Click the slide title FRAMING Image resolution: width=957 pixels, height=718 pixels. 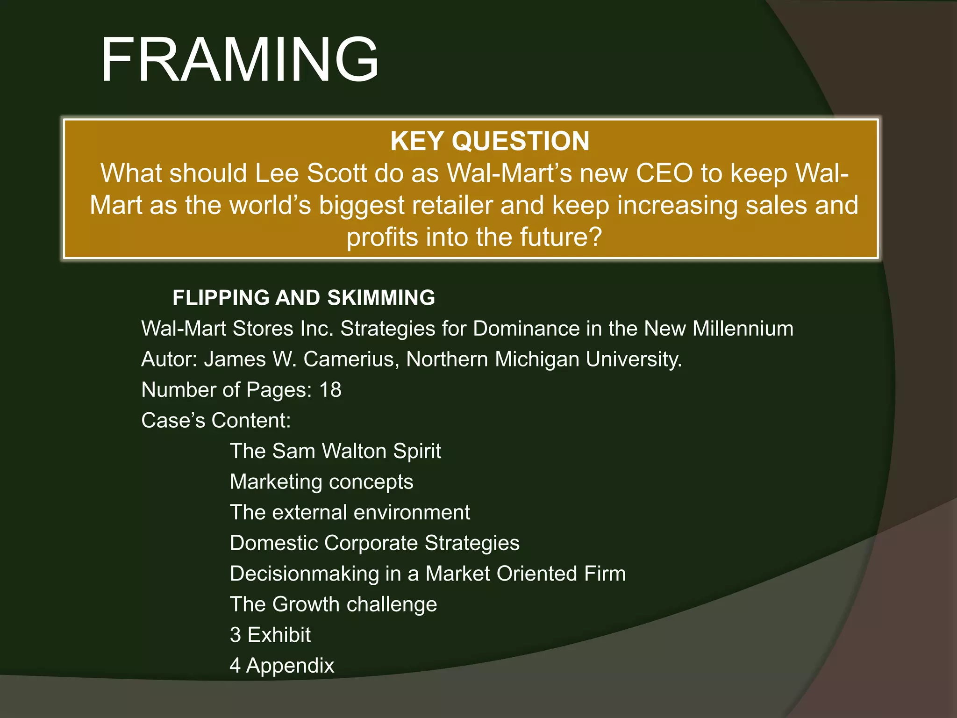(239, 60)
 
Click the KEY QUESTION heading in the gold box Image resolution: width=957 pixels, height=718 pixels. (490, 141)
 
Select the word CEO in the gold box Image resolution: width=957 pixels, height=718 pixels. (664, 173)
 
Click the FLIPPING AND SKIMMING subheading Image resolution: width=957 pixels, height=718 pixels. (304, 298)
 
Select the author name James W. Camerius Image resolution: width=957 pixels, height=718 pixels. (299, 359)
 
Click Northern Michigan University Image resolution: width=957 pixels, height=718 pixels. (544, 359)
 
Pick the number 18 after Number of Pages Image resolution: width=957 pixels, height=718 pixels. (330, 390)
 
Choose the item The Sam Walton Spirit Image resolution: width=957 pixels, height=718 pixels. (335, 451)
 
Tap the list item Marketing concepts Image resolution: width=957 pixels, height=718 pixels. (321, 482)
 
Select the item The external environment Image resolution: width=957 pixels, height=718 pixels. (350, 512)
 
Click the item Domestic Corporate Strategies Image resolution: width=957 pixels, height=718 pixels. (374, 543)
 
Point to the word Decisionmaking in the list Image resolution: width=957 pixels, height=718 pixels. (304, 574)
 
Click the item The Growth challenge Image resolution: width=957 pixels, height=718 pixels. (333, 604)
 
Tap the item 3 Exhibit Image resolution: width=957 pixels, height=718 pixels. (270, 635)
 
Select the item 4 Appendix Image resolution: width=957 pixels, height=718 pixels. (282, 666)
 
